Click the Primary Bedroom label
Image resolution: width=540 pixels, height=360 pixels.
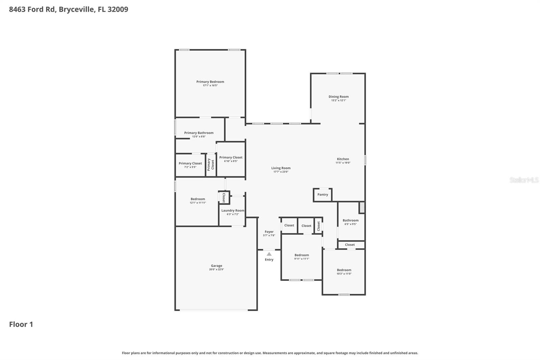pyautogui.click(x=210, y=82)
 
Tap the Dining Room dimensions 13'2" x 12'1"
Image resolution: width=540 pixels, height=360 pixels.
pyautogui.click(x=339, y=100)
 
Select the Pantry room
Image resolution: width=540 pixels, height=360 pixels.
pyautogui.click(x=323, y=195)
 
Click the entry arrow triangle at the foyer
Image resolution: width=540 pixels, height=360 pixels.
pyautogui.click(x=269, y=254)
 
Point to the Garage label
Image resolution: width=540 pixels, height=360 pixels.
pyautogui.click(x=216, y=266)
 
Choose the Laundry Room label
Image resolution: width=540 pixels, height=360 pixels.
pyautogui.click(x=233, y=210)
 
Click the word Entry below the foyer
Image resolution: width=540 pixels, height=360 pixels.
pyautogui.click(x=269, y=260)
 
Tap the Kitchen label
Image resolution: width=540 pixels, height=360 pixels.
pyautogui.click(x=343, y=159)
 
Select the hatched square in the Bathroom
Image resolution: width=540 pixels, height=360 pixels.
pyautogui.click(x=362, y=207)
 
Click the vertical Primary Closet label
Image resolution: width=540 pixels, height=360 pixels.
pyautogui.click(x=211, y=165)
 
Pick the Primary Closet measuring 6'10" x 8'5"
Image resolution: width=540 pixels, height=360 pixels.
pyautogui.click(x=231, y=159)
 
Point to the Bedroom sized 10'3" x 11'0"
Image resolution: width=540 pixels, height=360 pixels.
pyautogui.click(x=344, y=272)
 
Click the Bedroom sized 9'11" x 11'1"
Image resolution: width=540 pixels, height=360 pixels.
pyautogui.click(x=301, y=257)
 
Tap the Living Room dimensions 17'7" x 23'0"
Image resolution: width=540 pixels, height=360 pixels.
pyautogui.click(x=281, y=172)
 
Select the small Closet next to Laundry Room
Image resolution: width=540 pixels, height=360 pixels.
pyautogui.click(x=223, y=198)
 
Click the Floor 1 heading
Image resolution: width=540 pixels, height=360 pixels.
pyautogui.click(x=21, y=325)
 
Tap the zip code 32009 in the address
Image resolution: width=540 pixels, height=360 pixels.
pyautogui.click(x=118, y=9)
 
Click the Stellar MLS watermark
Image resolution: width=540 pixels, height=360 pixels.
pyautogui.click(x=524, y=180)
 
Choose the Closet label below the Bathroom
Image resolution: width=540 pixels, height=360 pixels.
pyautogui.click(x=350, y=245)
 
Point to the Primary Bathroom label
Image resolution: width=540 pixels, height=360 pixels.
pyautogui.click(x=199, y=133)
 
